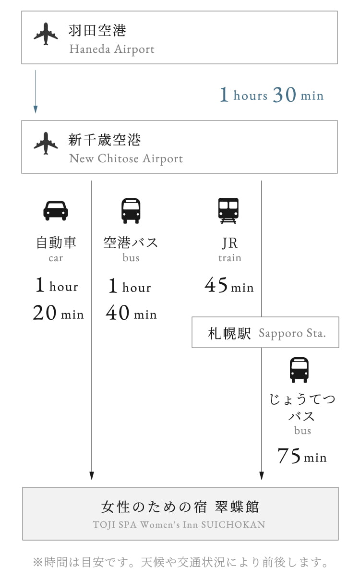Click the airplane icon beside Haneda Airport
(46, 34)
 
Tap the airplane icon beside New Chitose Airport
(46, 144)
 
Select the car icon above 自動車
(56, 211)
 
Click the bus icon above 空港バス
(131, 211)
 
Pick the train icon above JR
(228, 211)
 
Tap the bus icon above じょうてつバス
(299, 370)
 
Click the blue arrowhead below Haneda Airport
(36, 109)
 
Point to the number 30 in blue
(285, 95)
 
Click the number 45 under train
(216, 285)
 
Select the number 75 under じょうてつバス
(289, 456)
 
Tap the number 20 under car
(45, 312)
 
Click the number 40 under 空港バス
(118, 312)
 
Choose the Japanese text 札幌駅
(229, 333)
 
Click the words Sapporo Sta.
(292, 334)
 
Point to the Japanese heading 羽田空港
(97, 30)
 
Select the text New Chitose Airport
(126, 158)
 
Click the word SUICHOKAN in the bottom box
(233, 525)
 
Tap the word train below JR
(230, 258)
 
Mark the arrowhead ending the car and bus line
(92, 476)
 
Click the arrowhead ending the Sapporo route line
(262, 476)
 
